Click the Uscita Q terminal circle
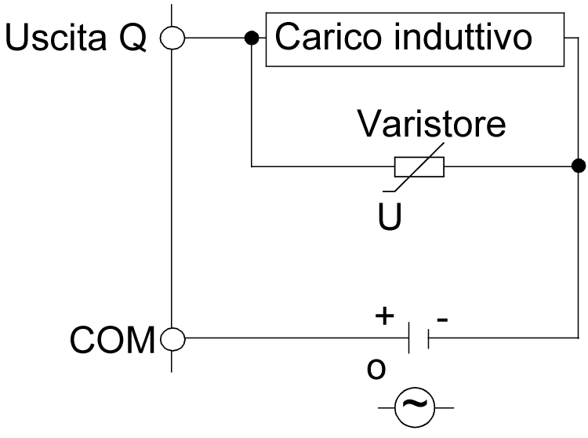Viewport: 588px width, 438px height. tap(171, 37)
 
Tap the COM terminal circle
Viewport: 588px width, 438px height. tap(171, 339)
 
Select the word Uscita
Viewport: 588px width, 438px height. tap(58, 38)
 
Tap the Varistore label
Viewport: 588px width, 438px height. tap(431, 125)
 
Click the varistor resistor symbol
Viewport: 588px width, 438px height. tap(419, 166)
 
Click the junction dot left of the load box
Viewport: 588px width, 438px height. tap(251, 37)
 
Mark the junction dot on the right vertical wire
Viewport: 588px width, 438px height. tap(578, 166)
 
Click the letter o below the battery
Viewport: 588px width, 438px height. tap(378, 369)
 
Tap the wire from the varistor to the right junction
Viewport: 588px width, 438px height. tap(510, 166)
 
